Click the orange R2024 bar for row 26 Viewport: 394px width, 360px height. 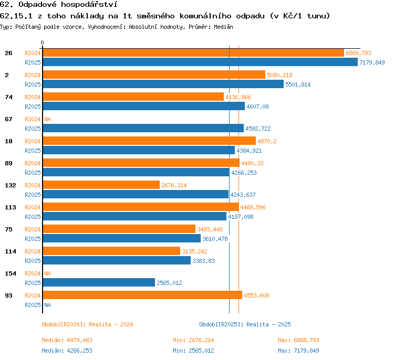tap(193, 53)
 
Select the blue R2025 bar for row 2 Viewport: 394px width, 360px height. tap(163, 84)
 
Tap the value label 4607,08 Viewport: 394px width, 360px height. tap(257, 107)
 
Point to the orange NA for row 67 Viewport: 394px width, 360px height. tap(47, 119)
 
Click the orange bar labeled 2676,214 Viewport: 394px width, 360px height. tap(101, 185)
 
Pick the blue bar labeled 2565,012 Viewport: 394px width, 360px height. tap(99, 282)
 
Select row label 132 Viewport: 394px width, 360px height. tap(11, 185)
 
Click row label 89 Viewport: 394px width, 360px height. tap(8, 163)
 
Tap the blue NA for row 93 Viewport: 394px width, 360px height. tap(47, 305)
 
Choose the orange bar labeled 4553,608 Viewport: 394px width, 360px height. tap(142, 295)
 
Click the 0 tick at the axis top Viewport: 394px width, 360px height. tap(42, 43)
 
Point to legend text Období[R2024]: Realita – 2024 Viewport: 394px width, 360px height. tap(87, 324)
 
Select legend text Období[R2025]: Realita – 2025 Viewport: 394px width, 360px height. tap(245, 324)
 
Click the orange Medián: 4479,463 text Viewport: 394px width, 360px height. tap(67, 340)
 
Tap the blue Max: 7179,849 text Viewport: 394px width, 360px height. tap(298, 351)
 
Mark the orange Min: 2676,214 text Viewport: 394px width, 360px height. tap(193, 340)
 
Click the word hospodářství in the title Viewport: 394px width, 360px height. tap(89, 5)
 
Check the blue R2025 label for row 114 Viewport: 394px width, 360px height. tap(33, 261)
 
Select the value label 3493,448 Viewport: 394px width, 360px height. tap(210, 229)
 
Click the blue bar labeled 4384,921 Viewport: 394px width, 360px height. tap(139, 151)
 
